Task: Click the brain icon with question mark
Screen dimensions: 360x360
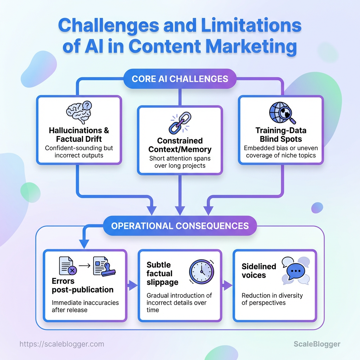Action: (79, 112)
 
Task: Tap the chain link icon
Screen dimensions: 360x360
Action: (180, 123)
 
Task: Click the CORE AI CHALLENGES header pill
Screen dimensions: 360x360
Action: (180, 78)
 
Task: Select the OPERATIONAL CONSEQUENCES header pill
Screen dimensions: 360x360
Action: (180, 225)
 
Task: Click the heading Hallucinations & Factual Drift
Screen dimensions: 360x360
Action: (79, 135)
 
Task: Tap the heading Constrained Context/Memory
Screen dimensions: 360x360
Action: (180, 145)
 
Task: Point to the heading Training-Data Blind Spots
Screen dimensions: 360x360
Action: (281, 135)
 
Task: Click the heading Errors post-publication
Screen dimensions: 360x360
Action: (83, 285)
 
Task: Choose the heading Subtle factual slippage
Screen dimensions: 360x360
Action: (160, 273)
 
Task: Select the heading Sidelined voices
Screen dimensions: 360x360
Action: (259, 270)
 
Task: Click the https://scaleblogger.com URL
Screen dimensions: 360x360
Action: (62, 344)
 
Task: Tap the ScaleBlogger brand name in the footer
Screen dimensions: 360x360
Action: (317, 344)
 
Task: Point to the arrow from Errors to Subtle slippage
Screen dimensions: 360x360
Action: (132, 285)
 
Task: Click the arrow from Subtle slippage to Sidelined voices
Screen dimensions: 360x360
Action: (227, 285)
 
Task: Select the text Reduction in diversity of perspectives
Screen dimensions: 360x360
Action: (272, 299)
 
